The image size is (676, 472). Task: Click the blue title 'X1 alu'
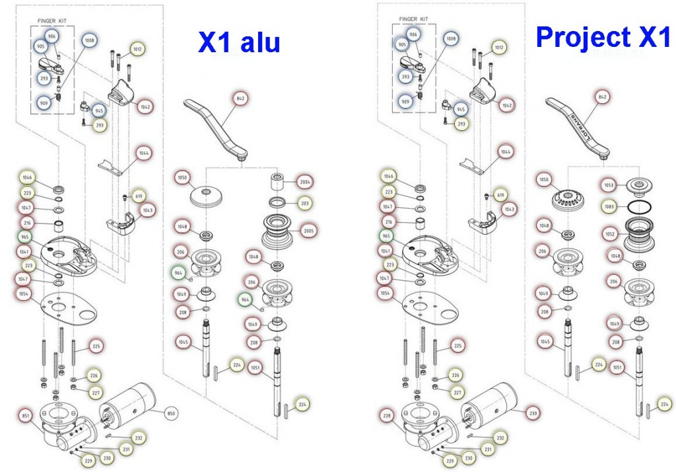pos(239,42)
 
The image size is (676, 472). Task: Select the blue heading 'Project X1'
pos(603,37)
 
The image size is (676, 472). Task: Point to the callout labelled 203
pos(305,203)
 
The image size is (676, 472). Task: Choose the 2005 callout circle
pos(308,231)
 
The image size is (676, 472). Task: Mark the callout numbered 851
pos(26,416)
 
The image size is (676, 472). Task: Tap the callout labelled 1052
pos(609,234)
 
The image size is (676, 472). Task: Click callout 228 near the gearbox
pos(388,416)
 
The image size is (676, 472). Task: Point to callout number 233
pos(532,413)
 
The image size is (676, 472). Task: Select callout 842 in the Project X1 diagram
pos(601,97)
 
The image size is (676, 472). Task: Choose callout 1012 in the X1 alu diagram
pos(138,49)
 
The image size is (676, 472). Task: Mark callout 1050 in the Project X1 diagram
pos(544,180)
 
